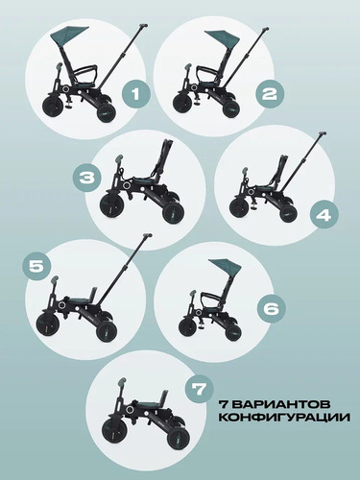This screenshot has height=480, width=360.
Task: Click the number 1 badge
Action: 135,94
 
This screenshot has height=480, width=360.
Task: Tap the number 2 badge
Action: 269,93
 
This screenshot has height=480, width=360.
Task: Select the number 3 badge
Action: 86,178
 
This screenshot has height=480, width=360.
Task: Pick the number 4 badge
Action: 323,216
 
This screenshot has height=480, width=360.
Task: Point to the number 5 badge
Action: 36,267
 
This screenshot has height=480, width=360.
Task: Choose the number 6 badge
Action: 271,309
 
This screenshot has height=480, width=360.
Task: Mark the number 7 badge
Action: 199,390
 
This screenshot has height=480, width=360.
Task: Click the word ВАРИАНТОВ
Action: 282,404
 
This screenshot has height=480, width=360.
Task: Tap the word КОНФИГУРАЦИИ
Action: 284,418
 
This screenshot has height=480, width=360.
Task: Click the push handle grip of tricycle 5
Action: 147,236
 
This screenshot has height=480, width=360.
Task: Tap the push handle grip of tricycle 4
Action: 322,133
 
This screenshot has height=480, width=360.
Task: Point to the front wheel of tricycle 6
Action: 188,323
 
